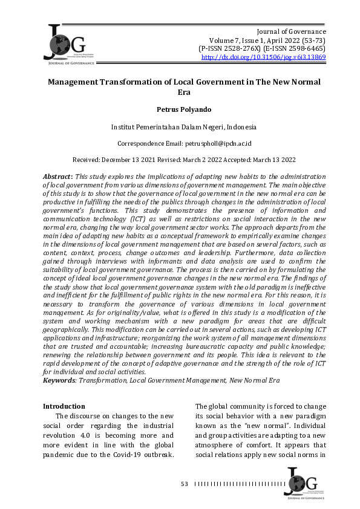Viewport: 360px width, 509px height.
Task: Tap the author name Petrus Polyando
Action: pyautogui.click(x=179, y=110)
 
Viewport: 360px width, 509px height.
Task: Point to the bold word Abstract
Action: pyautogui.click(x=57, y=175)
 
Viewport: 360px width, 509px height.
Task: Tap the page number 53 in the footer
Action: pyautogui.click(x=185, y=484)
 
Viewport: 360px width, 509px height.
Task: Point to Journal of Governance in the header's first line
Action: pyautogui.click(x=292, y=31)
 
